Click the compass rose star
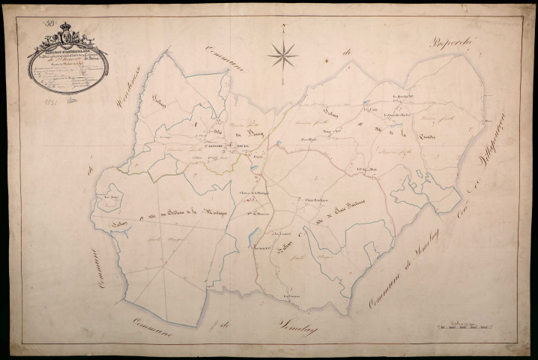pyautogui.click(x=282, y=54)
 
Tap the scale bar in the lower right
pyautogui.click(x=466, y=325)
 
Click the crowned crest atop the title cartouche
pyautogui.click(x=66, y=34)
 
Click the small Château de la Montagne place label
pyautogui.click(x=255, y=193)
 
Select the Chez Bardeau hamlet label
pyautogui.click(x=318, y=199)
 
